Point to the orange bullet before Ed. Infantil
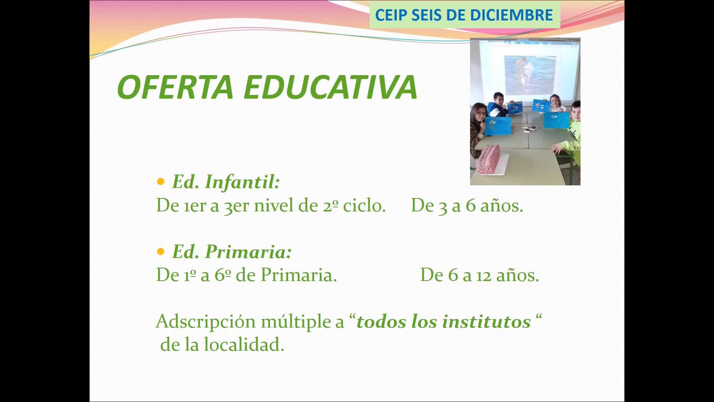pos(161,182)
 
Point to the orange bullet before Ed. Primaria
pos(161,252)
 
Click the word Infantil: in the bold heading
pos(242,182)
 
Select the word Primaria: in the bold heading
pos(248,252)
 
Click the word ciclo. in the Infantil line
pos(364,205)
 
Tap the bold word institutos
pos(486,322)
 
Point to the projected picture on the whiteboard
pos(530,74)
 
